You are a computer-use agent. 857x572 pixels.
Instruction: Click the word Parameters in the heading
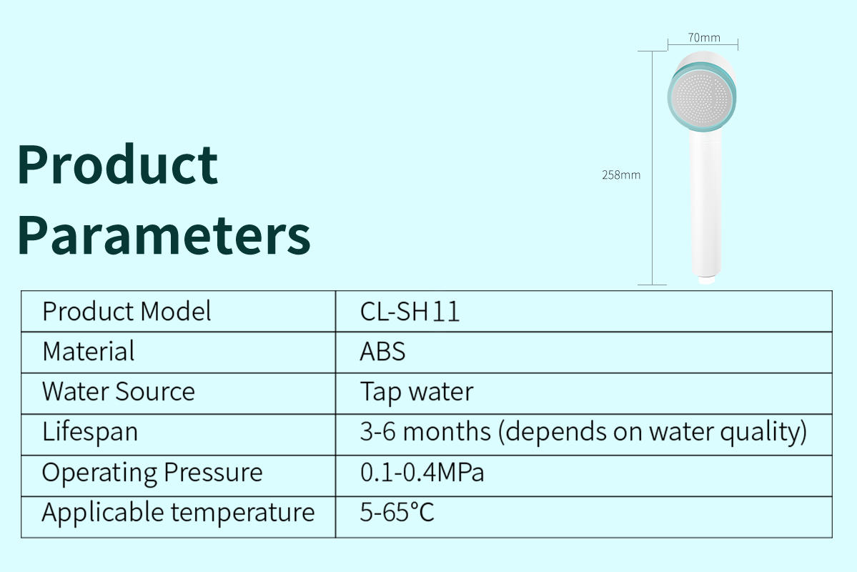(x=164, y=235)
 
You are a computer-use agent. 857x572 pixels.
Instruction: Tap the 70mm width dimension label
(x=704, y=37)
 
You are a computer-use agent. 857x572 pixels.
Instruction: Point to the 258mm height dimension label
(x=621, y=175)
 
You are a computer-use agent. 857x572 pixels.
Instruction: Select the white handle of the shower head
(x=705, y=202)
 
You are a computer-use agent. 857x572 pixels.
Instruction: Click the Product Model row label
(x=127, y=312)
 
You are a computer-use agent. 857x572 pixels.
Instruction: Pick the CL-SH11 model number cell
(x=410, y=312)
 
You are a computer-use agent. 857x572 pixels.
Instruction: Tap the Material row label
(x=88, y=351)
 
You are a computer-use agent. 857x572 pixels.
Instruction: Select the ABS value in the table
(x=382, y=351)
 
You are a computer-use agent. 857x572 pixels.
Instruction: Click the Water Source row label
(x=118, y=392)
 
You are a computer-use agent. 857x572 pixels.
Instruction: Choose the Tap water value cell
(x=417, y=393)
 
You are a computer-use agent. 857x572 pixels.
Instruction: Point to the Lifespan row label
(x=89, y=432)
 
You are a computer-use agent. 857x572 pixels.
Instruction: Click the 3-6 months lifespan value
(x=583, y=432)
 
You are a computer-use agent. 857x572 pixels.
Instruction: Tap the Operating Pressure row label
(x=152, y=473)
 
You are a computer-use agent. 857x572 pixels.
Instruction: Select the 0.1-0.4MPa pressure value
(x=422, y=473)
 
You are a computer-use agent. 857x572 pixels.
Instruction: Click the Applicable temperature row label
(x=178, y=513)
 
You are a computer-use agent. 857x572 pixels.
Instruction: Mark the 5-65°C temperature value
(x=397, y=513)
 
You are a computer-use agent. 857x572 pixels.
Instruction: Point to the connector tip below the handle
(x=707, y=280)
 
